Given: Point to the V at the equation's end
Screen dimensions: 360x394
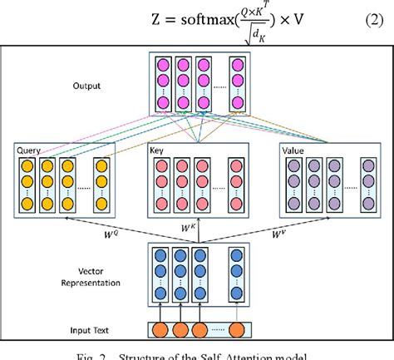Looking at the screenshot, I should pyautogui.click(x=296, y=20).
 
